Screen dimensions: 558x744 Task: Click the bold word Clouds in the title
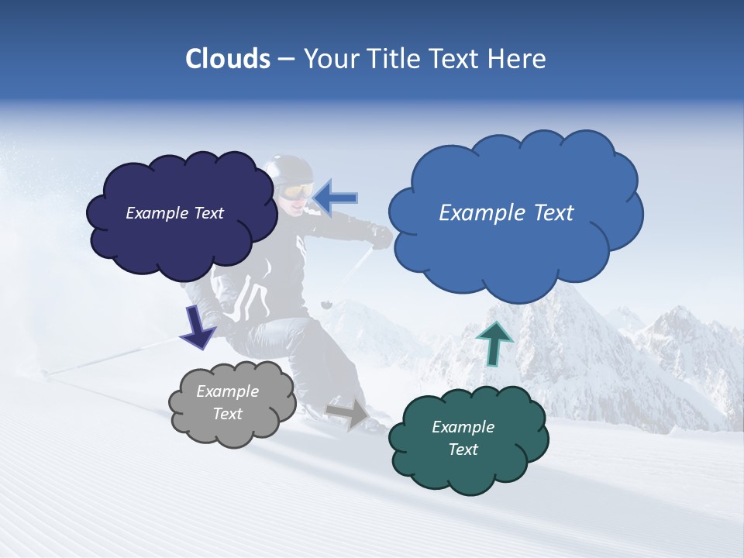[228, 59]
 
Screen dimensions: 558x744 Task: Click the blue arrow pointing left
[335, 198]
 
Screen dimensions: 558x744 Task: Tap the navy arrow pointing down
[198, 328]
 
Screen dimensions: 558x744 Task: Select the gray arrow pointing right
[348, 412]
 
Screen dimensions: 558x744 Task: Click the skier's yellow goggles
[296, 191]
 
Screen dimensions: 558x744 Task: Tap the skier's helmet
[288, 169]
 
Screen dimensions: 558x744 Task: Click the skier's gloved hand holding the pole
[381, 236]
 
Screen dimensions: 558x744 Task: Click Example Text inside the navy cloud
[174, 213]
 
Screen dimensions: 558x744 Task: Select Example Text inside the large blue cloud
[506, 213]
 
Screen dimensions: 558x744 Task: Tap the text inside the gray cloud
[227, 403]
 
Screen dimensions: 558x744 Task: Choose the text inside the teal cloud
[463, 438]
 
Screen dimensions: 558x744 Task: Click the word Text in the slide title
[458, 59]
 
